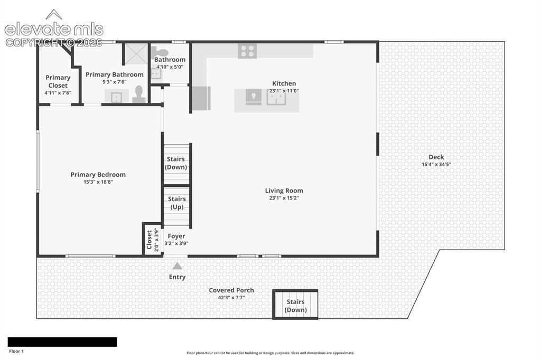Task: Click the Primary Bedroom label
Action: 98,175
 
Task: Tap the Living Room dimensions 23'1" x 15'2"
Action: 284,198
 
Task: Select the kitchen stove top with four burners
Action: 247,51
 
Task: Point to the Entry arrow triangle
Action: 177,266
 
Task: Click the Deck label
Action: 436,157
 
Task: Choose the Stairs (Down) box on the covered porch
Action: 295,305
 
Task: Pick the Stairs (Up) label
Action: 177,203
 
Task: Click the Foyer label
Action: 176,236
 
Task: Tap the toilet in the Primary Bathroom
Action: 139,94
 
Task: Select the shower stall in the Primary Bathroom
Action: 136,54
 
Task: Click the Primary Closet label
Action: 58,81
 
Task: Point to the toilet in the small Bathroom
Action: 159,52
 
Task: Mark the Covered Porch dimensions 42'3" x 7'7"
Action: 231,298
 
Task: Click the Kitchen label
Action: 284,83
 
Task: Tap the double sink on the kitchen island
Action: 276,97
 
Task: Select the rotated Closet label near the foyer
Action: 149,240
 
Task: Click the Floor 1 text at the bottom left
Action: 16,352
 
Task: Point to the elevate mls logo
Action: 54,29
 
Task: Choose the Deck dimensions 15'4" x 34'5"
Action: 436,165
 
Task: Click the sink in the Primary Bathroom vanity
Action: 116,97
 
